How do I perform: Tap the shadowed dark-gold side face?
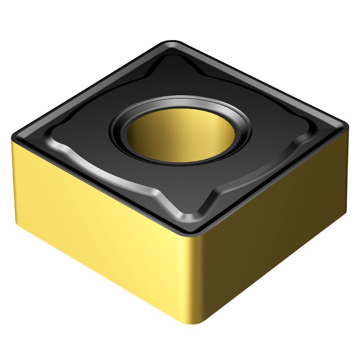274,236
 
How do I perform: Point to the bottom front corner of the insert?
195,322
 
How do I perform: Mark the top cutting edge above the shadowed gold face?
274,177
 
